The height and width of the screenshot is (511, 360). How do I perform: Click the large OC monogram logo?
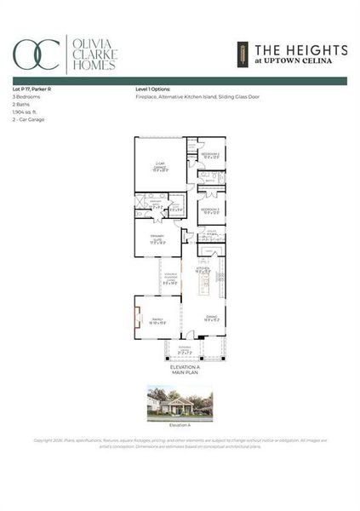(36, 55)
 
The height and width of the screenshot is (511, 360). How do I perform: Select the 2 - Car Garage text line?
(28, 120)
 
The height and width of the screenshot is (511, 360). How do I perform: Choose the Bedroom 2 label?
(210, 155)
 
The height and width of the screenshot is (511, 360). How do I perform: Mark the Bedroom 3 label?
(210, 210)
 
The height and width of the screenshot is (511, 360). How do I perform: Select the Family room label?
(157, 320)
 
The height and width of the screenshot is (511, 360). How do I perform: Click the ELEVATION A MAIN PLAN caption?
(180, 368)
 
